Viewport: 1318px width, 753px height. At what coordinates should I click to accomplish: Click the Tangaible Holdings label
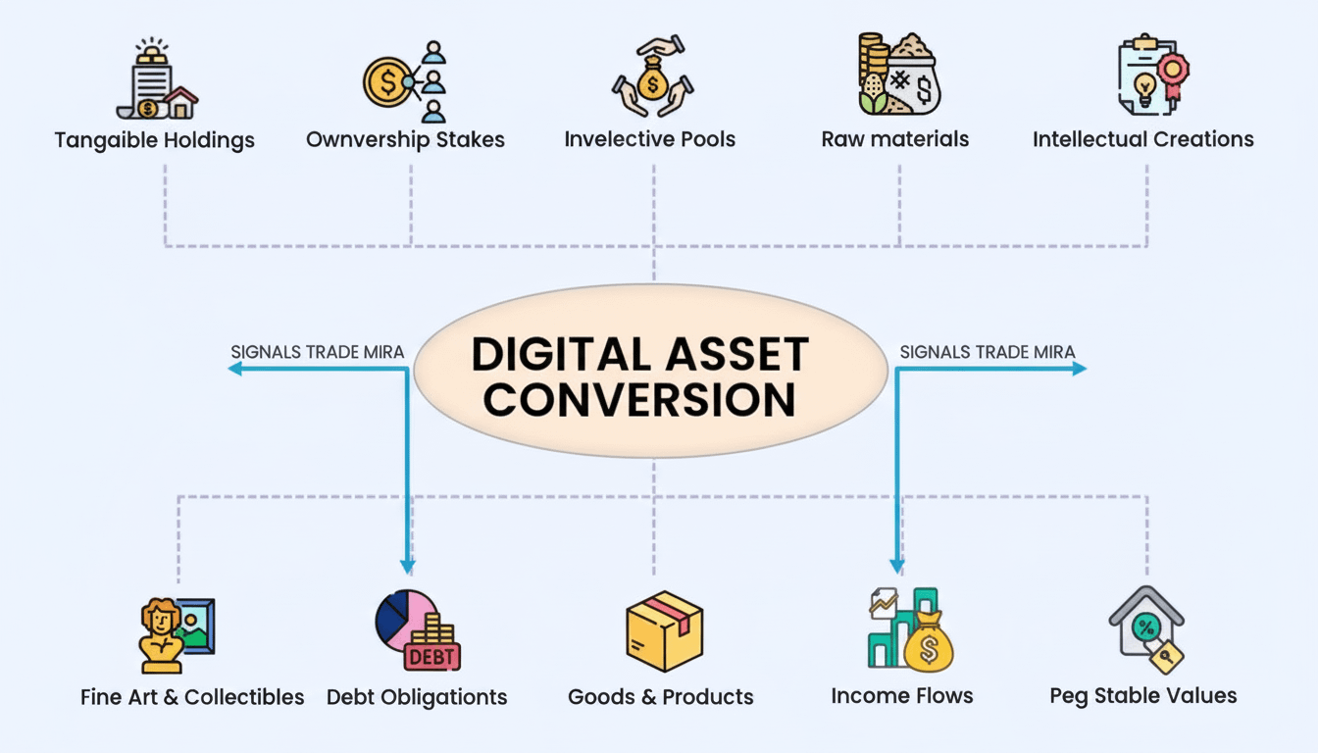pos(154,139)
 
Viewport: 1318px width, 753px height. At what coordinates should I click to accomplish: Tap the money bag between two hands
pos(650,84)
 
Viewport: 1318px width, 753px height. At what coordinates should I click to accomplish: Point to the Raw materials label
pos(894,139)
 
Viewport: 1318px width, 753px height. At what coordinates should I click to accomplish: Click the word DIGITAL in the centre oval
pos(553,354)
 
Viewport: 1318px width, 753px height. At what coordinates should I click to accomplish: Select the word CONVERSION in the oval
pos(639,400)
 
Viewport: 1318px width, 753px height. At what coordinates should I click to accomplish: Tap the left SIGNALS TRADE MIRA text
pos(317,351)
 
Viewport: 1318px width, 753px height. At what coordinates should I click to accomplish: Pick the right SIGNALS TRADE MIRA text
pos(987,351)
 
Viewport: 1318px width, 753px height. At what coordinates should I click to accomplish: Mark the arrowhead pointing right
pos(1080,369)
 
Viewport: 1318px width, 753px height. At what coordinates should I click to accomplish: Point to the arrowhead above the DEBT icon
pos(408,566)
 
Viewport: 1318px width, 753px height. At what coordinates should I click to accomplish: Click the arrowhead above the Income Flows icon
pos(896,566)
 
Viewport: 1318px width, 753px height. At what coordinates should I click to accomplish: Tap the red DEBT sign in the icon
pos(432,655)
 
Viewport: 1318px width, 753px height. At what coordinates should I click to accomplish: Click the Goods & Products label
pos(660,697)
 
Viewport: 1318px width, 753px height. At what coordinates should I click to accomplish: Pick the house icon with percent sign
pos(1146,628)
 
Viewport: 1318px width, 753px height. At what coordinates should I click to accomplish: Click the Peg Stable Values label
pos(1142,696)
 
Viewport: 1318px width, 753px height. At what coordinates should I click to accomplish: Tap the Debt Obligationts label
pos(417,697)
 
